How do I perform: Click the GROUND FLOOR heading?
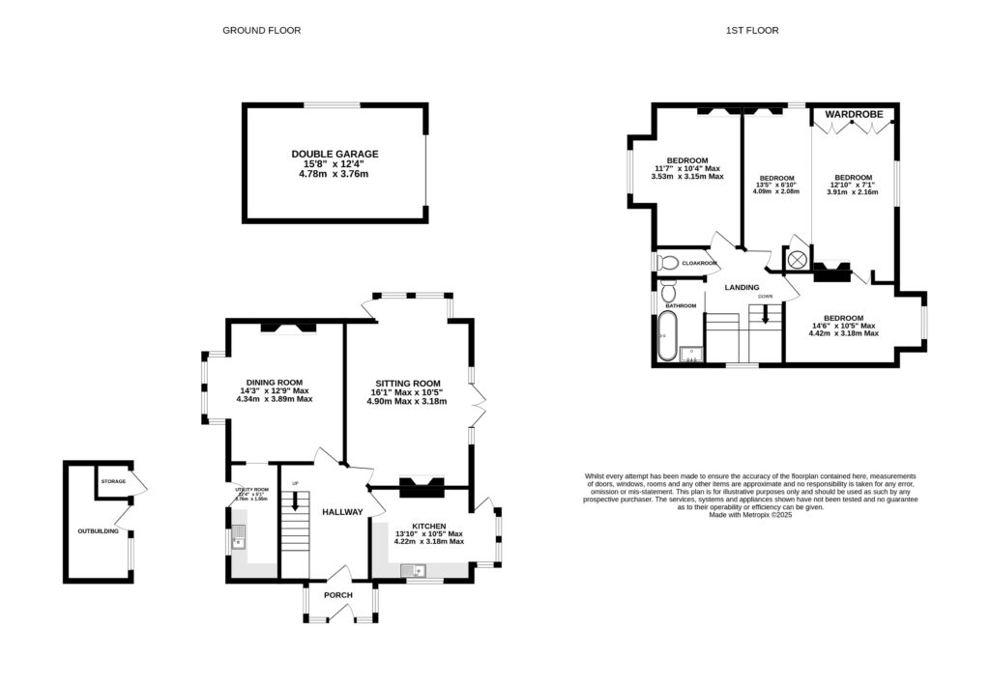(x=261, y=30)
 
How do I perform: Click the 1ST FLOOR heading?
(x=752, y=30)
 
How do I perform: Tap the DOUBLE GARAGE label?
(x=335, y=154)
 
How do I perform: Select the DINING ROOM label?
(x=275, y=382)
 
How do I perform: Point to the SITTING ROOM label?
(x=408, y=383)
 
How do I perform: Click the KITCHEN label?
(x=426, y=526)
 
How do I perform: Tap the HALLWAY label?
(x=342, y=512)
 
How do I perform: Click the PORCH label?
(x=337, y=595)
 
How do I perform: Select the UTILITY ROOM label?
(x=250, y=490)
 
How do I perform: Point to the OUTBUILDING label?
(x=99, y=531)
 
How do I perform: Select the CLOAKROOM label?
(x=700, y=263)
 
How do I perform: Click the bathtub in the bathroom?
(x=664, y=337)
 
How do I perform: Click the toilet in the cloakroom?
(x=667, y=262)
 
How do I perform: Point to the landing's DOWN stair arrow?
(x=766, y=315)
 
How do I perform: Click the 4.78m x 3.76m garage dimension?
(x=335, y=174)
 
